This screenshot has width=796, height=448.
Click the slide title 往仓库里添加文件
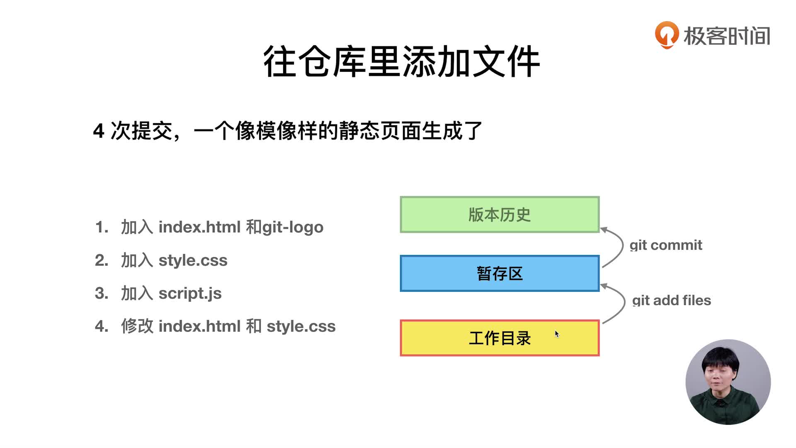401,61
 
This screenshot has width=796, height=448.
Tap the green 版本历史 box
500,214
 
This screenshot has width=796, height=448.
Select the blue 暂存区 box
500,273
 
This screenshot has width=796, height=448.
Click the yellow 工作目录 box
500,338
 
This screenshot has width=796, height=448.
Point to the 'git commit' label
666,245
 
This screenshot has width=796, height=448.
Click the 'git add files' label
672,300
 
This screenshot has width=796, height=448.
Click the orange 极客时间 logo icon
667,35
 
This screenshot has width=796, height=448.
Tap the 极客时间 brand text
727,36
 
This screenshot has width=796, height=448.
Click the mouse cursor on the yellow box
557,334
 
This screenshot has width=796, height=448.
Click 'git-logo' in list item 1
293,228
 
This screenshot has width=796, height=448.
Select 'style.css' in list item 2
193,261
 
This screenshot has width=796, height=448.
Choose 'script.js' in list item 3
190,294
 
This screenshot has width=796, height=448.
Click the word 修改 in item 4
137,326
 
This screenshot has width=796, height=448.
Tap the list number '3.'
102,293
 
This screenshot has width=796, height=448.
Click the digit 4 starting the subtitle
98,131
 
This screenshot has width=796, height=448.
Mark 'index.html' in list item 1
199,227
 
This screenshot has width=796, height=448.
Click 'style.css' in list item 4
301,326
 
